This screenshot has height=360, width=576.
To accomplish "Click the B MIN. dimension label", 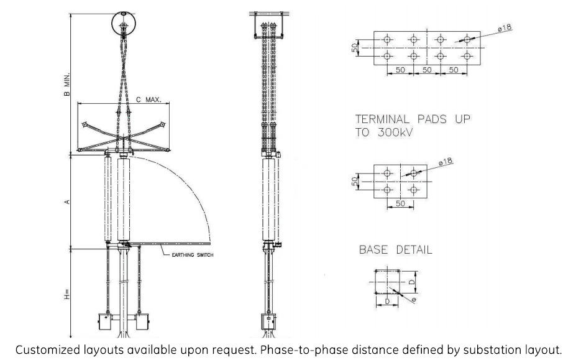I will point(67,84).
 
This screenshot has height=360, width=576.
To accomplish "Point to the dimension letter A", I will point(67,202).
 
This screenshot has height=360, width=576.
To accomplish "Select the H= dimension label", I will point(67,293).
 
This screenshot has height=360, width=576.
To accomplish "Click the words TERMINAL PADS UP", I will point(412,119).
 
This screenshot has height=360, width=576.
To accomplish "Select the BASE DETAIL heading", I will point(396,250).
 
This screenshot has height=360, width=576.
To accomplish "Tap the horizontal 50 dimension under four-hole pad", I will point(401,204).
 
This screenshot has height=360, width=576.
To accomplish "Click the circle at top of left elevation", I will point(124,24).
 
